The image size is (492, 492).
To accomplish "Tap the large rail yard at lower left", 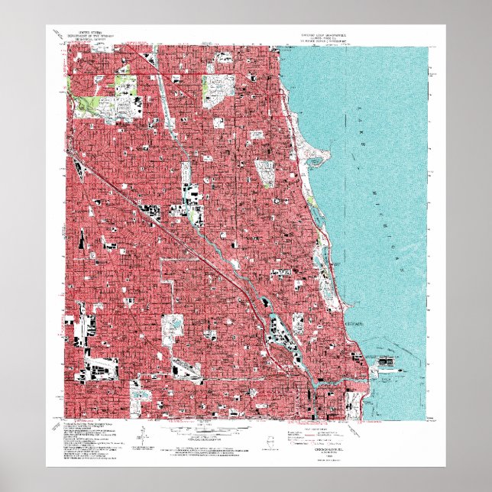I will pos(99,367).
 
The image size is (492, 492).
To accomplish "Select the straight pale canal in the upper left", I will pos(164,92).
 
